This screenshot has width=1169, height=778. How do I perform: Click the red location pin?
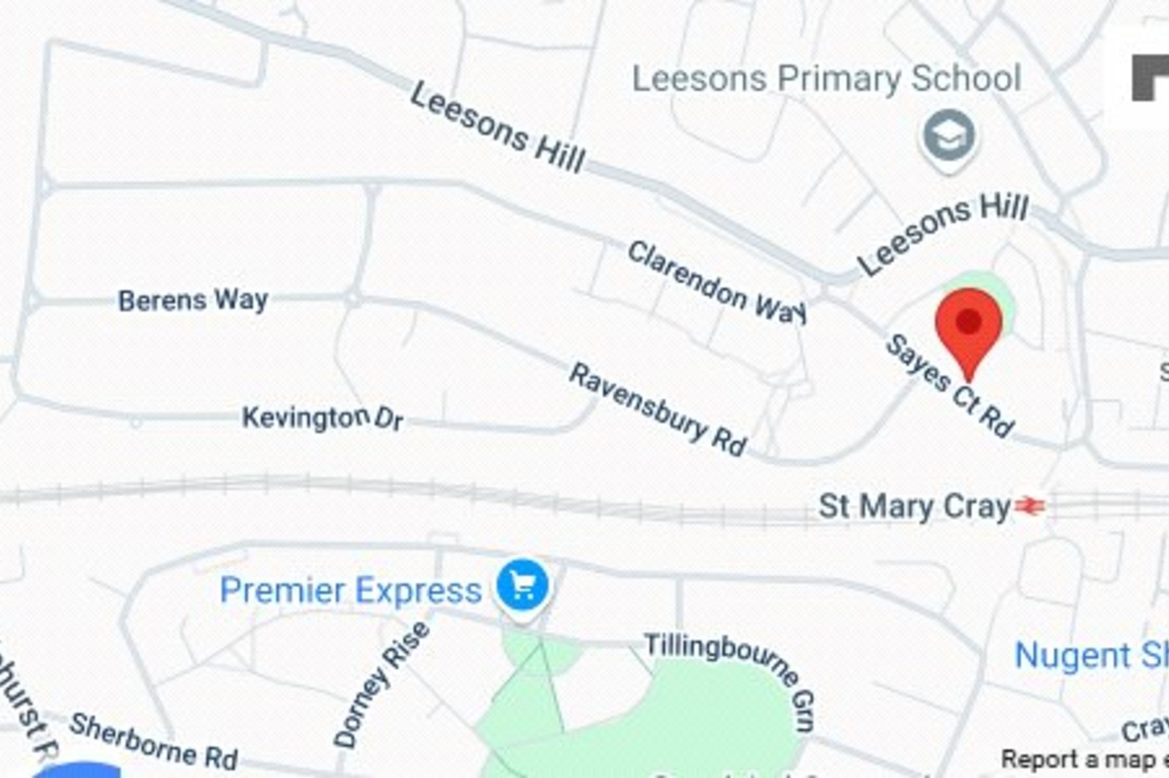(x=968, y=326)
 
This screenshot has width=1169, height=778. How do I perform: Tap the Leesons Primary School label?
(x=826, y=78)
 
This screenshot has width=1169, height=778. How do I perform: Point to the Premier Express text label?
(x=351, y=590)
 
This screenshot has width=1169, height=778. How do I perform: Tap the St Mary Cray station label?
(x=914, y=507)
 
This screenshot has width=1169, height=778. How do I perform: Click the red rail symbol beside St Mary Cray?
(x=1030, y=506)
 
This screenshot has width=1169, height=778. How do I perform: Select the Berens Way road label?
(x=193, y=300)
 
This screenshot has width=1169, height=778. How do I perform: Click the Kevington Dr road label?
(x=322, y=417)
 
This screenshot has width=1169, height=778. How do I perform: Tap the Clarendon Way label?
(x=716, y=280)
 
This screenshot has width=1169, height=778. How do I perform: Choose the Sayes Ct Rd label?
(x=949, y=386)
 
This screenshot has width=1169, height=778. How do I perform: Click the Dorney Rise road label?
(x=381, y=685)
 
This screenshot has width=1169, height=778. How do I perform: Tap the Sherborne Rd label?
(x=154, y=740)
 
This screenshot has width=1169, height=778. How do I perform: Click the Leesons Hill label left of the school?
(x=498, y=128)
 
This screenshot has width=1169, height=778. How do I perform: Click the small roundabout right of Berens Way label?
(x=353, y=297)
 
